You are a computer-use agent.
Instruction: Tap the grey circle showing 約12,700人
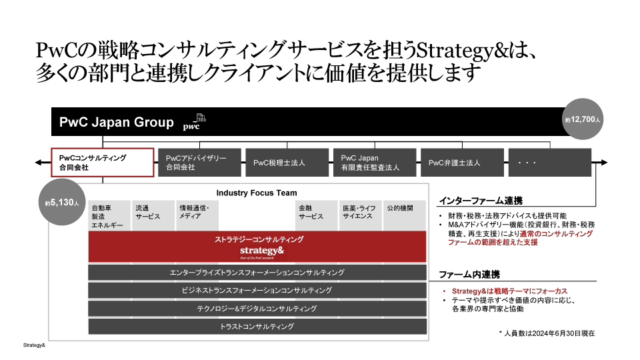pos(583,121)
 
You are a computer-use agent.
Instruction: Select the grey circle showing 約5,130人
pos(62,202)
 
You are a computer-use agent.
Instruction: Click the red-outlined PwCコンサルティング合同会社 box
pos(103,163)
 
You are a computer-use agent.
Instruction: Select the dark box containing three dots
pos(549,163)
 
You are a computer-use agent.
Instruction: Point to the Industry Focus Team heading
pos(257,193)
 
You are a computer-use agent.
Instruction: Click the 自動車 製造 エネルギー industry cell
pos(109,217)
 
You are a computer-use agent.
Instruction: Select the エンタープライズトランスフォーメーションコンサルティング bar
pos(257,273)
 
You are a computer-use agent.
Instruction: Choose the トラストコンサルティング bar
pos(257,327)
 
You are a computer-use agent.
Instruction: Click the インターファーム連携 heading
pos(480,201)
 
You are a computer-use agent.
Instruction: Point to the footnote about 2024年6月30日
pos(546,333)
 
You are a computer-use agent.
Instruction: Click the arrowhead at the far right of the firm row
pos(603,163)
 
